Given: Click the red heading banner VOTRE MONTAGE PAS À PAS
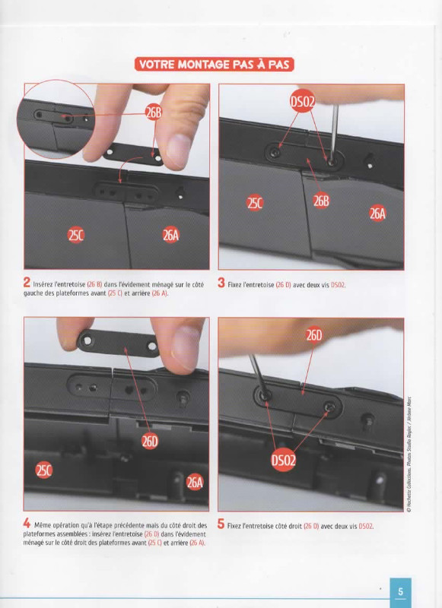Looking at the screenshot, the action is pyautogui.click(x=215, y=65).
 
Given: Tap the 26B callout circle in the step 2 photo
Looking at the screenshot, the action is pyautogui.click(x=153, y=112).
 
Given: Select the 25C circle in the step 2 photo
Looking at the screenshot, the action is pyautogui.click(x=75, y=236).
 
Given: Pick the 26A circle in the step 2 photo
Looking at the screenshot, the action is pyautogui.click(x=170, y=235).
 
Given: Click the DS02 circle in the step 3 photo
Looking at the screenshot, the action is pyautogui.click(x=302, y=102).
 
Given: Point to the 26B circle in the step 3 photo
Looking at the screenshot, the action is pyautogui.click(x=321, y=201).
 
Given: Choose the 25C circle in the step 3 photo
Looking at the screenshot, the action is pyautogui.click(x=255, y=203).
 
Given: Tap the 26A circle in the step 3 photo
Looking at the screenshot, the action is pyautogui.click(x=377, y=213).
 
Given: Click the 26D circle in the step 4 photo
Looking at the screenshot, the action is pyautogui.click(x=150, y=441).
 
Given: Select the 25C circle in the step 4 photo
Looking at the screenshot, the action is pyautogui.click(x=44, y=470).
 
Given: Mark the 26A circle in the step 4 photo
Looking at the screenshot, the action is pyautogui.click(x=195, y=482).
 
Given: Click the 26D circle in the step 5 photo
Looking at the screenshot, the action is pyautogui.click(x=314, y=335).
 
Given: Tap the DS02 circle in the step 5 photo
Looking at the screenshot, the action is pyautogui.click(x=283, y=461).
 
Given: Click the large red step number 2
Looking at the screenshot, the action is pyautogui.click(x=27, y=282).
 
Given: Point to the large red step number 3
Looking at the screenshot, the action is pyautogui.click(x=221, y=283).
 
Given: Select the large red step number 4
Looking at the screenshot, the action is pyautogui.click(x=27, y=523).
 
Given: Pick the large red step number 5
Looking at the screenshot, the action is pyautogui.click(x=221, y=524).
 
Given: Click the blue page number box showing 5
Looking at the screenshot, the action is pyautogui.click(x=400, y=592).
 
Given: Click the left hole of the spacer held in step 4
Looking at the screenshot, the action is pyautogui.click(x=87, y=340).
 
